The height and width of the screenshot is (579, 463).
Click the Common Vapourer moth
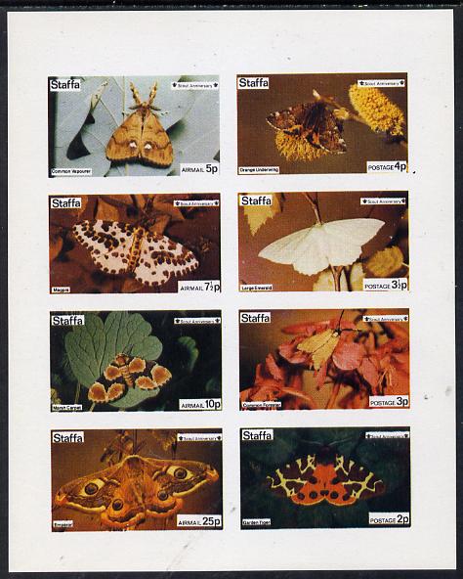(140, 136)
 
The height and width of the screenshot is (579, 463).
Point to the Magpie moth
(136, 251)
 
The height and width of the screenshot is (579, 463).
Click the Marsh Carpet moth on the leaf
(131, 376)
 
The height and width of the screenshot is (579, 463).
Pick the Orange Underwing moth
(307, 124)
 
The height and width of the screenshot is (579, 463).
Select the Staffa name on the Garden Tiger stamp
(257, 435)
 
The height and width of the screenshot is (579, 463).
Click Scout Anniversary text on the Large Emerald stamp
(376, 201)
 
